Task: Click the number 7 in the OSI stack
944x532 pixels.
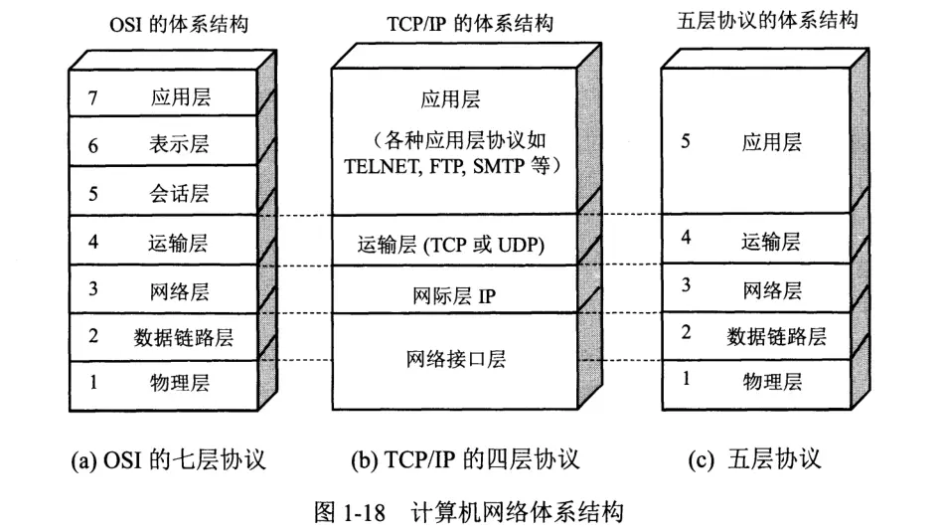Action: tap(93, 98)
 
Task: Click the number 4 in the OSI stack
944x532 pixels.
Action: tap(93, 241)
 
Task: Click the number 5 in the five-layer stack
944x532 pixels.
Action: tap(686, 141)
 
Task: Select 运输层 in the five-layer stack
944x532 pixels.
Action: tap(771, 241)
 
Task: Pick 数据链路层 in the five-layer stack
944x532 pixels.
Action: tap(776, 335)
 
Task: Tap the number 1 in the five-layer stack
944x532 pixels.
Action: tap(686, 379)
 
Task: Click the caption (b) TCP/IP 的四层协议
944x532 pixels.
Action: tap(465, 460)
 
